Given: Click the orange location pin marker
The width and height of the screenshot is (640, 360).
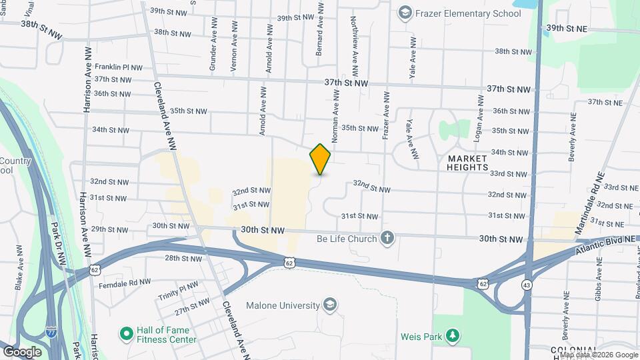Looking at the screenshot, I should tap(320, 159).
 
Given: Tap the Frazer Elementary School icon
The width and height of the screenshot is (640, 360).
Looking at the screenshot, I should tap(404, 13).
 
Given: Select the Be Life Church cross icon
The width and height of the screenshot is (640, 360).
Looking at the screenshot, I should tap(387, 238).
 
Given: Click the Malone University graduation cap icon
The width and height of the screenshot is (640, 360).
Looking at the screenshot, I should tap(329, 305).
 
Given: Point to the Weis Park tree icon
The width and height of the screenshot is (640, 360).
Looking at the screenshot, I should tap(453, 335).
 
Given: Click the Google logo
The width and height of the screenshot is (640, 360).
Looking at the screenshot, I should tap(22, 351).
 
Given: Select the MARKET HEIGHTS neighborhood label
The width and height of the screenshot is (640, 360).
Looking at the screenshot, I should tap(468, 163).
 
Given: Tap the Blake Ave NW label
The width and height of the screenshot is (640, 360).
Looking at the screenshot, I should tap(19, 261).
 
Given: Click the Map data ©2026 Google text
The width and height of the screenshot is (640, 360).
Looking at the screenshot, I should tap(597, 355).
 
